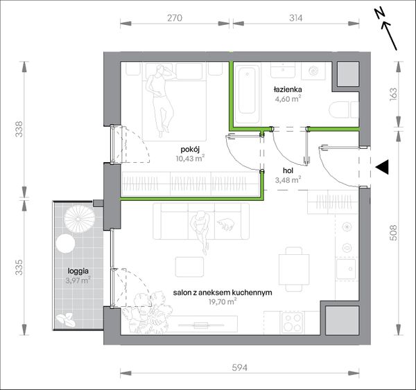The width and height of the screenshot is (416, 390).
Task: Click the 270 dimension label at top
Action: click(x=175, y=18)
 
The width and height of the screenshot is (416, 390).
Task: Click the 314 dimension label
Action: click(x=295, y=18)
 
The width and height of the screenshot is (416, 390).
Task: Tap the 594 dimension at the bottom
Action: click(x=240, y=367)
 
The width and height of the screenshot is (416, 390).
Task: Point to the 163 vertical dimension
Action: click(x=393, y=94)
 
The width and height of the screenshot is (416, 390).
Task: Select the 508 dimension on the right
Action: click(x=393, y=233)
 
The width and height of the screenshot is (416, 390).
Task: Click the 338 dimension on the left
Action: click(x=19, y=129)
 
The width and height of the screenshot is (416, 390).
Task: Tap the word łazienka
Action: click(x=288, y=89)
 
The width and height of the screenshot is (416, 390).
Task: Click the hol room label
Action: click(x=288, y=170)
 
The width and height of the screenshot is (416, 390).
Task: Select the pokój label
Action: click(x=190, y=150)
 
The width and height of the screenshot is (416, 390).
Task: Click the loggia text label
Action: click(x=78, y=272)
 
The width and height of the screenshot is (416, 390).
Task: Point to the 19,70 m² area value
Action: click(x=223, y=302)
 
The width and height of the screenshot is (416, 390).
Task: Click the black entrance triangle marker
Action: click(x=382, y=167)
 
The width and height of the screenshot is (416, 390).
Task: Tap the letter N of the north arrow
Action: click(x=380, y=14)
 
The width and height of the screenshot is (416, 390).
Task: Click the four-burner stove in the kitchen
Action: click(x=293, y=322)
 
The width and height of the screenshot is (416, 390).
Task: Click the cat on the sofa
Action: click(x=226, y=224)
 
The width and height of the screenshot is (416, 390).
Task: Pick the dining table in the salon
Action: click(x=294, y=269)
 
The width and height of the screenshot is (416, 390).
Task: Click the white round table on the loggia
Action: click(x=65, y=244)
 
